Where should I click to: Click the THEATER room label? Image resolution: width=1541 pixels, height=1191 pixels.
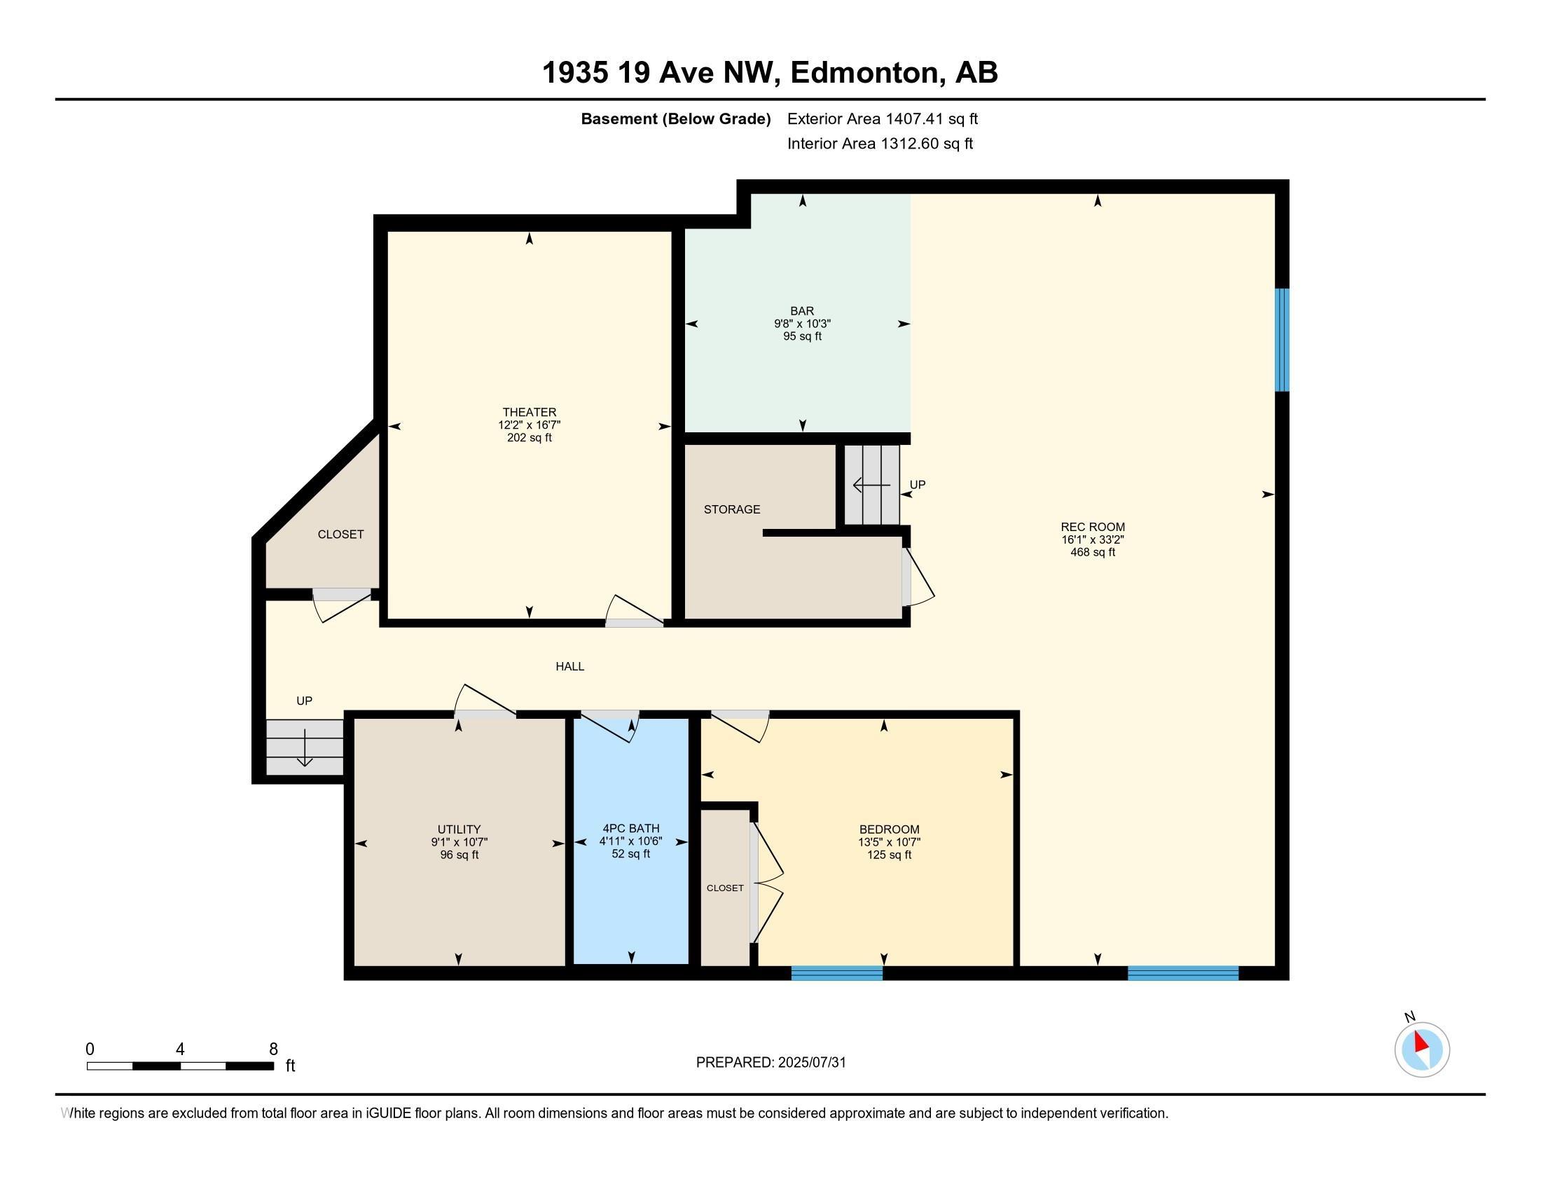529,412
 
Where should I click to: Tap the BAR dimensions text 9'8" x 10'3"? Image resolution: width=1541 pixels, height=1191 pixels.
802,324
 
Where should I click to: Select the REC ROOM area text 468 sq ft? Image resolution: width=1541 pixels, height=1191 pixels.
1092,552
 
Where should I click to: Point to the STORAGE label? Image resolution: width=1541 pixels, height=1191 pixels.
732,509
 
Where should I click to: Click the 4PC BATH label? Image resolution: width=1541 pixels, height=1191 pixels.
631,828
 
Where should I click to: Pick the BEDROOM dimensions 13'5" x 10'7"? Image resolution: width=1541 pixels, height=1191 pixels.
889,841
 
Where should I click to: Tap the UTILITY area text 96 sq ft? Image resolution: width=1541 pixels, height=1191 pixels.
459,855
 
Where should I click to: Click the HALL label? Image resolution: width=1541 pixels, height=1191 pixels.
569,666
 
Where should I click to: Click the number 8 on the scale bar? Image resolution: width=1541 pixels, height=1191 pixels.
273,1049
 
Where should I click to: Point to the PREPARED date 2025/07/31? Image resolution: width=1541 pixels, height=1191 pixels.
810,1062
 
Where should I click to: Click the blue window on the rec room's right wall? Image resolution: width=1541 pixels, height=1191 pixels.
1282,339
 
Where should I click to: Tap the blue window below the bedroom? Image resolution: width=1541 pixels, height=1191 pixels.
837,973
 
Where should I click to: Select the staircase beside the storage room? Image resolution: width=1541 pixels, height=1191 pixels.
872,485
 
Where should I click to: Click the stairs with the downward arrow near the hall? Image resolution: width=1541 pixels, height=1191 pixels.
305,748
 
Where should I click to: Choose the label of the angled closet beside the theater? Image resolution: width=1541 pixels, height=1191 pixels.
341,534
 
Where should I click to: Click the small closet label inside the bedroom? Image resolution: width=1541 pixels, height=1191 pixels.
726,888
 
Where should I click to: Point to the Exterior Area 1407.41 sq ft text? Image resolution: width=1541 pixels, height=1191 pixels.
883,118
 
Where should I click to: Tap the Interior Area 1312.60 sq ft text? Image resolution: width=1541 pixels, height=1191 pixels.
880,143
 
